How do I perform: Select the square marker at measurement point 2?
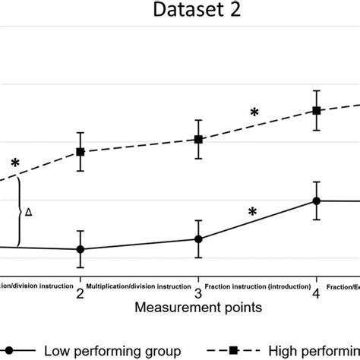(x=80, y=152)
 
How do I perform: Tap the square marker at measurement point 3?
(x=198, y=140)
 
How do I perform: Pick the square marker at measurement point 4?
(x=317, y=111)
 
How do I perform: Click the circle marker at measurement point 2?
(x=80, y=249)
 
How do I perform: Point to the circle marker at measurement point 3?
(x=198, y=238)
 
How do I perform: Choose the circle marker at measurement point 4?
(x=317, y=201)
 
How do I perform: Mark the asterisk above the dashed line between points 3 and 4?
(x=254, y=113)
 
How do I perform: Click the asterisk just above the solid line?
(x=252, y=213)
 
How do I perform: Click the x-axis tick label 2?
(x=80, y=293)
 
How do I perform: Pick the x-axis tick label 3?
(x=198, y=293)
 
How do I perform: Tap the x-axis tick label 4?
(x=317, y=293)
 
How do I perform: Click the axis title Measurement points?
(x=199, y=308)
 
